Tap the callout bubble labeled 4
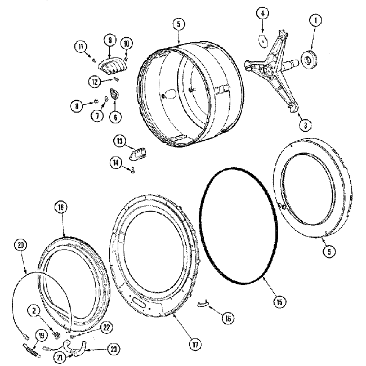262,13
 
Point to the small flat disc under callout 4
263,40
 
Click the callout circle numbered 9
110,40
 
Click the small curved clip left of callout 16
203,304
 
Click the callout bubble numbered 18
61,207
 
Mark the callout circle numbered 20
21,245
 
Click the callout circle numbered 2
35,309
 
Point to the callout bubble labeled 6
115,117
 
